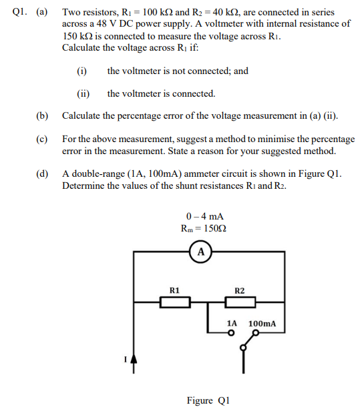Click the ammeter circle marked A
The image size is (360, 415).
200,252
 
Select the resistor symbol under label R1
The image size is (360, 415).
174,303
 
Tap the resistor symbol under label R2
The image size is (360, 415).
240,303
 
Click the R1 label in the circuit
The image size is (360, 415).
174,290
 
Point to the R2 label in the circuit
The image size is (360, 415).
240,290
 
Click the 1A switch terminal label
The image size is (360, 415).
232,323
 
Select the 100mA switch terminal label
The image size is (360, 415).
262,323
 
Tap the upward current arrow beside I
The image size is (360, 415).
134,363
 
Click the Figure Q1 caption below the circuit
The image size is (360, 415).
208,400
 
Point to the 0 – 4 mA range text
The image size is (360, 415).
204,216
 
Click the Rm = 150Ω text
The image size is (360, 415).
204,228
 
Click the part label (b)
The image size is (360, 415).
43,115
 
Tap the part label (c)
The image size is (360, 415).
43,139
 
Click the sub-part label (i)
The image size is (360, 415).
82,71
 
